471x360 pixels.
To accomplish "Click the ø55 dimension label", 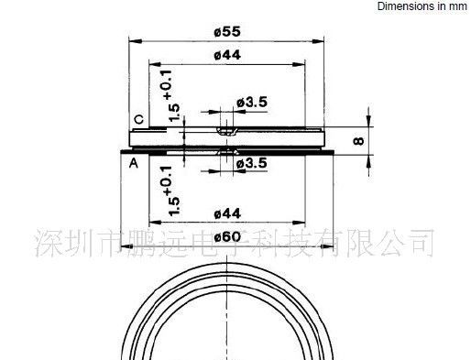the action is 227,31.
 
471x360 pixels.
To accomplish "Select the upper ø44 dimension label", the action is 227,55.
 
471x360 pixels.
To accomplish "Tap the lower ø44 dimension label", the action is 227,213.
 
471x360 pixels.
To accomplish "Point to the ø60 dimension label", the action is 227,236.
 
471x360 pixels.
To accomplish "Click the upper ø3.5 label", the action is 252,102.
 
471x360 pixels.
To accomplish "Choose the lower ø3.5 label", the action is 252,163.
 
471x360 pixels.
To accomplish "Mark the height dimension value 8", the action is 359,141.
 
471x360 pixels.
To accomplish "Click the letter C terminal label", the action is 139,119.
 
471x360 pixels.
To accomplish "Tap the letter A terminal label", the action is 134,163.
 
